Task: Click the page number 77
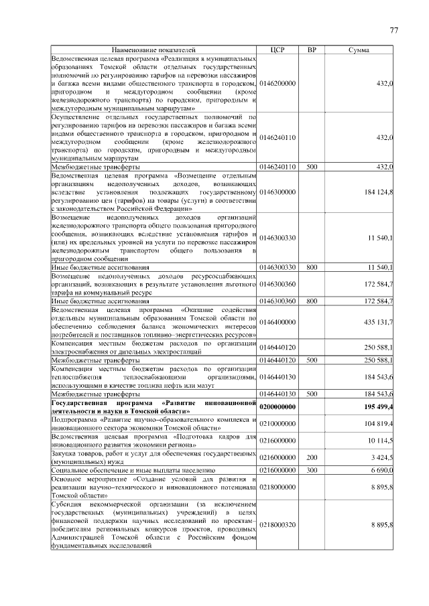(x=393, y=30)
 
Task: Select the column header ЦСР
(x=278, y=50)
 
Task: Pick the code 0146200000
(x=278, y=83)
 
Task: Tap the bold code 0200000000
(x=278, y=406)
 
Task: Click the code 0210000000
(x=278, y=424)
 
